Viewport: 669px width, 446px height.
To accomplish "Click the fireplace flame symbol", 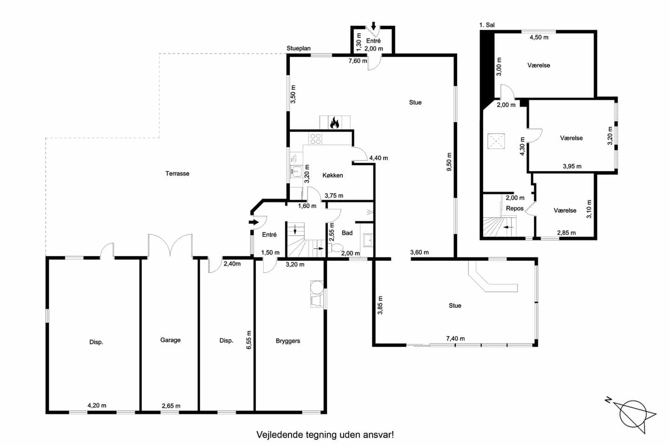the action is point(334,123).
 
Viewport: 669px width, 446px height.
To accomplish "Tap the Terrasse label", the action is point(177,174).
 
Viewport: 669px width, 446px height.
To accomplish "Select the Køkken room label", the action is point(333,175).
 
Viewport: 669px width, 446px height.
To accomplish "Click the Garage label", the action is point(170,340).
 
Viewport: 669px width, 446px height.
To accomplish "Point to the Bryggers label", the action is point(288,341).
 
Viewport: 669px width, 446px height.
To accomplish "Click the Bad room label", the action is point(347,233).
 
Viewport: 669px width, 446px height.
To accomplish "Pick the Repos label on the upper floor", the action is point(515,208).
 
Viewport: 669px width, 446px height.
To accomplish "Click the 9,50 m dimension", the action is point(449,162).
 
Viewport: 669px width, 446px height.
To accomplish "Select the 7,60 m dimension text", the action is point(358,61).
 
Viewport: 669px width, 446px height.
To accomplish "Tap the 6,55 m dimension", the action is point(249,340).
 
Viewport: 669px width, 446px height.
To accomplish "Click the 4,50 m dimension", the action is point(539,37).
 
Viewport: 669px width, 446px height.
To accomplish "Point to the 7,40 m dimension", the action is point(455,339).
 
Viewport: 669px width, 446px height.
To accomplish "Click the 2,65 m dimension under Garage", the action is point(171,406).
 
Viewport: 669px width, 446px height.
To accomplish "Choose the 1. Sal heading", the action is point(487,25).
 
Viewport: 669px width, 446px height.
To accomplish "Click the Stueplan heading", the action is point(299,48).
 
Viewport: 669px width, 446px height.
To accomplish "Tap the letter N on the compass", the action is point(608,400).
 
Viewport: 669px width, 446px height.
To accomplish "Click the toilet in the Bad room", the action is point(336,248).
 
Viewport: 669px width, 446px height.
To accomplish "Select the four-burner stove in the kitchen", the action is point(316,139).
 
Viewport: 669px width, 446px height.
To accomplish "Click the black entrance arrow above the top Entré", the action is point(374,26).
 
